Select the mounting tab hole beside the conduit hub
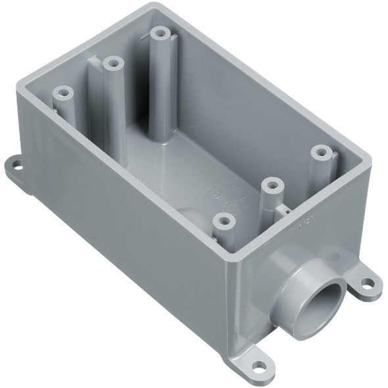369,284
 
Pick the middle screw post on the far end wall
112,64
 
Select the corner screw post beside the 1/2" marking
320,152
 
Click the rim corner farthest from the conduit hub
155,7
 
